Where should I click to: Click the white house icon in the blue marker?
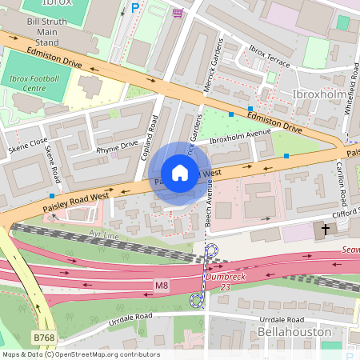180,173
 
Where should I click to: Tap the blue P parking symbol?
135,7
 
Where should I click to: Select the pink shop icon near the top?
177,12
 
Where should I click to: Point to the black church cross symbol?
325,230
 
